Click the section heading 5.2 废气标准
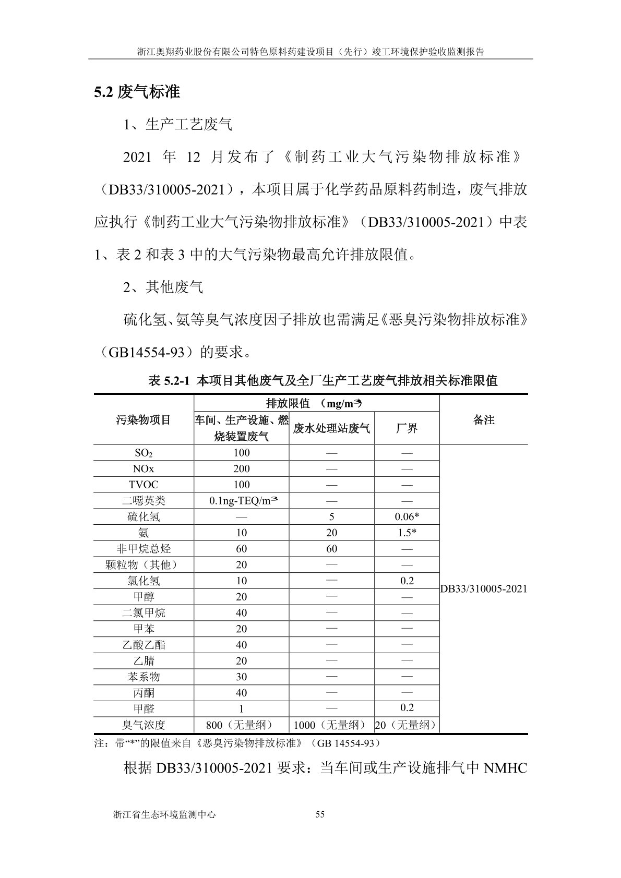(x=137, y=92)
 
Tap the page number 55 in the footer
(x=320, y=814)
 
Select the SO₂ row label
(x=144, y=453)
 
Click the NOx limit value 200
(x=242, y=468)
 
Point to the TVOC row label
(x=144, y=485)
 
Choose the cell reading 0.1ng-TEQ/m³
(x=242, y=500)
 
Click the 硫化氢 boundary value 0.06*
(x=407, y=516)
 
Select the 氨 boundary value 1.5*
(x=407, y=533)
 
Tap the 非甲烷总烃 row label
(x=144, y=549)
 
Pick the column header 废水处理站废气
(x=331, y=428)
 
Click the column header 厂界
(x=407, y=428)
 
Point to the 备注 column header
(x=484, y=420)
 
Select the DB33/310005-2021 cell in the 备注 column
(x=484, y=589)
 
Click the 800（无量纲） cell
(x=242, y=725)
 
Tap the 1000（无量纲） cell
(x=331, y=725)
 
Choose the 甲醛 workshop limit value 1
(x=242, y=708)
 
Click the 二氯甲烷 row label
(x=144, y=613)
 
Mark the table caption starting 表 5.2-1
(x=323, y=380)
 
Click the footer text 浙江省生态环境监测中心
(x=164, y=814)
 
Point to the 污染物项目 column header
(x=144, y=420)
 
